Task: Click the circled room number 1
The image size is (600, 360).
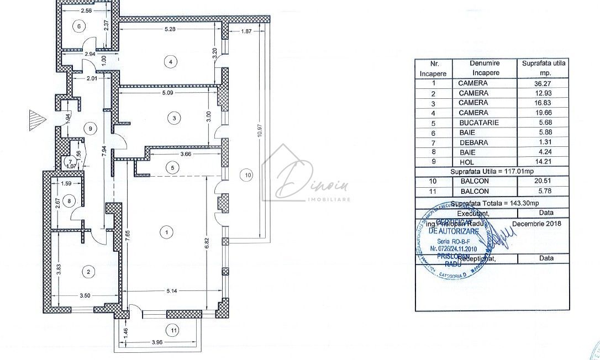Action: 166,233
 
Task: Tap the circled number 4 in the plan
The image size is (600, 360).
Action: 172,61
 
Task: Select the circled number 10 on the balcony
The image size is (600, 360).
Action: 248,175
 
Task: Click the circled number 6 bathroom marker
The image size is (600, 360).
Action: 79,26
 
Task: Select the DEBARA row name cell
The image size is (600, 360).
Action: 473,142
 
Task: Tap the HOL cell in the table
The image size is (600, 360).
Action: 473,162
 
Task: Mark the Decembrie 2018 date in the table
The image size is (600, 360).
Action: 536,224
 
